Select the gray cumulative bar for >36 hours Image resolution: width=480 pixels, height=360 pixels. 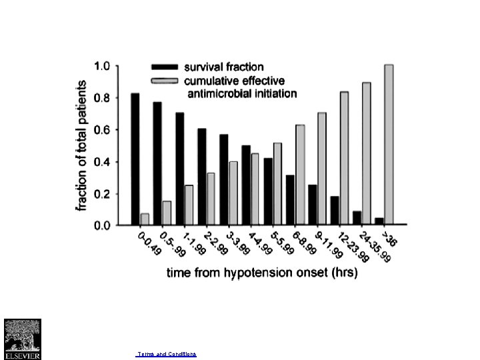389,145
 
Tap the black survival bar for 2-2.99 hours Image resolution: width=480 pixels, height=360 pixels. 202,177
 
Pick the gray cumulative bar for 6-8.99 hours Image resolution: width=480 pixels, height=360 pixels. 300,175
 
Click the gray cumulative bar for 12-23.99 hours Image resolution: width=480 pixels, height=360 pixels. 344,158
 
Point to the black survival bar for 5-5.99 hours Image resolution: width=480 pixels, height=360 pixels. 268,191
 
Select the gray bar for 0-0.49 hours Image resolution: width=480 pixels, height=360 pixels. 145,219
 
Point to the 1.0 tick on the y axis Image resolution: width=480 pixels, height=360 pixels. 102,66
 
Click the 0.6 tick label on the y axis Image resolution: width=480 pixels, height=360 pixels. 102,130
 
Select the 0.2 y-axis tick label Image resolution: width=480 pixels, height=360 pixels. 102,194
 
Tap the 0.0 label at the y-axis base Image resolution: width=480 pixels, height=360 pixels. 102,226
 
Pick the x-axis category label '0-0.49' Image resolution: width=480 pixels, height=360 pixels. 149,245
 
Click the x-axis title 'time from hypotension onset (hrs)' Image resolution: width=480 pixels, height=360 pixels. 262,273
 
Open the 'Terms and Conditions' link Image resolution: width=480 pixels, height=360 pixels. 166,353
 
